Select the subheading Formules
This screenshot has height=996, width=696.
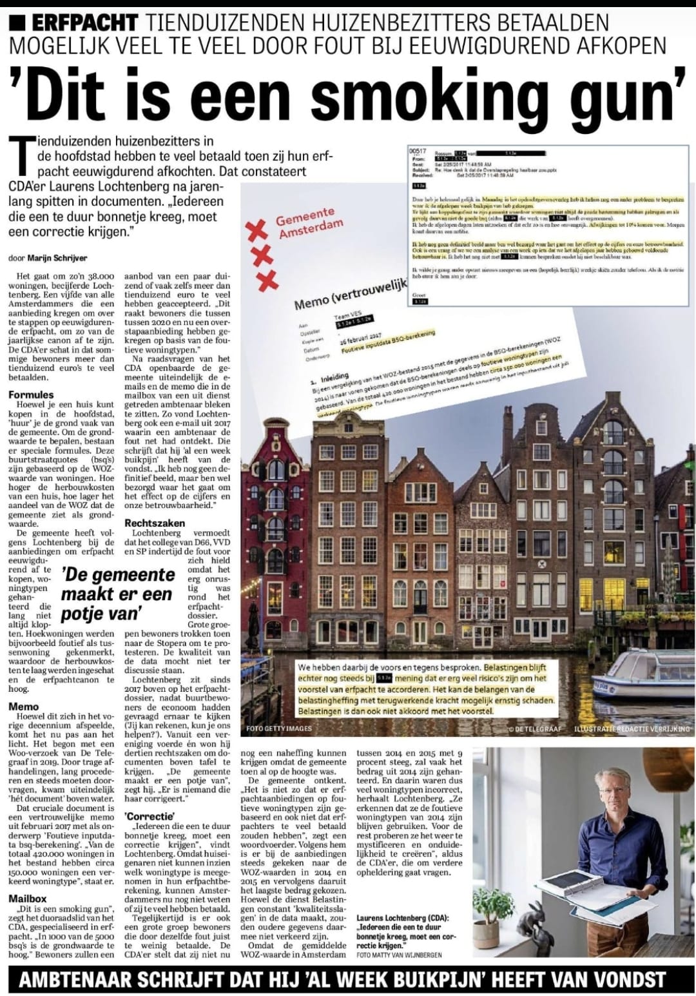(x=31, y=395)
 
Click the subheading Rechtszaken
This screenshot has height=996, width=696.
(x=155, y=523)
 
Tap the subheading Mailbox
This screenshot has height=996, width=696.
(x=28, y=898)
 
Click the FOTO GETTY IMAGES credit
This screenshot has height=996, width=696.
(x=278, y=728)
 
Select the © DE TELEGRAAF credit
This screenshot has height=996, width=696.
(x=534, y=729)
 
